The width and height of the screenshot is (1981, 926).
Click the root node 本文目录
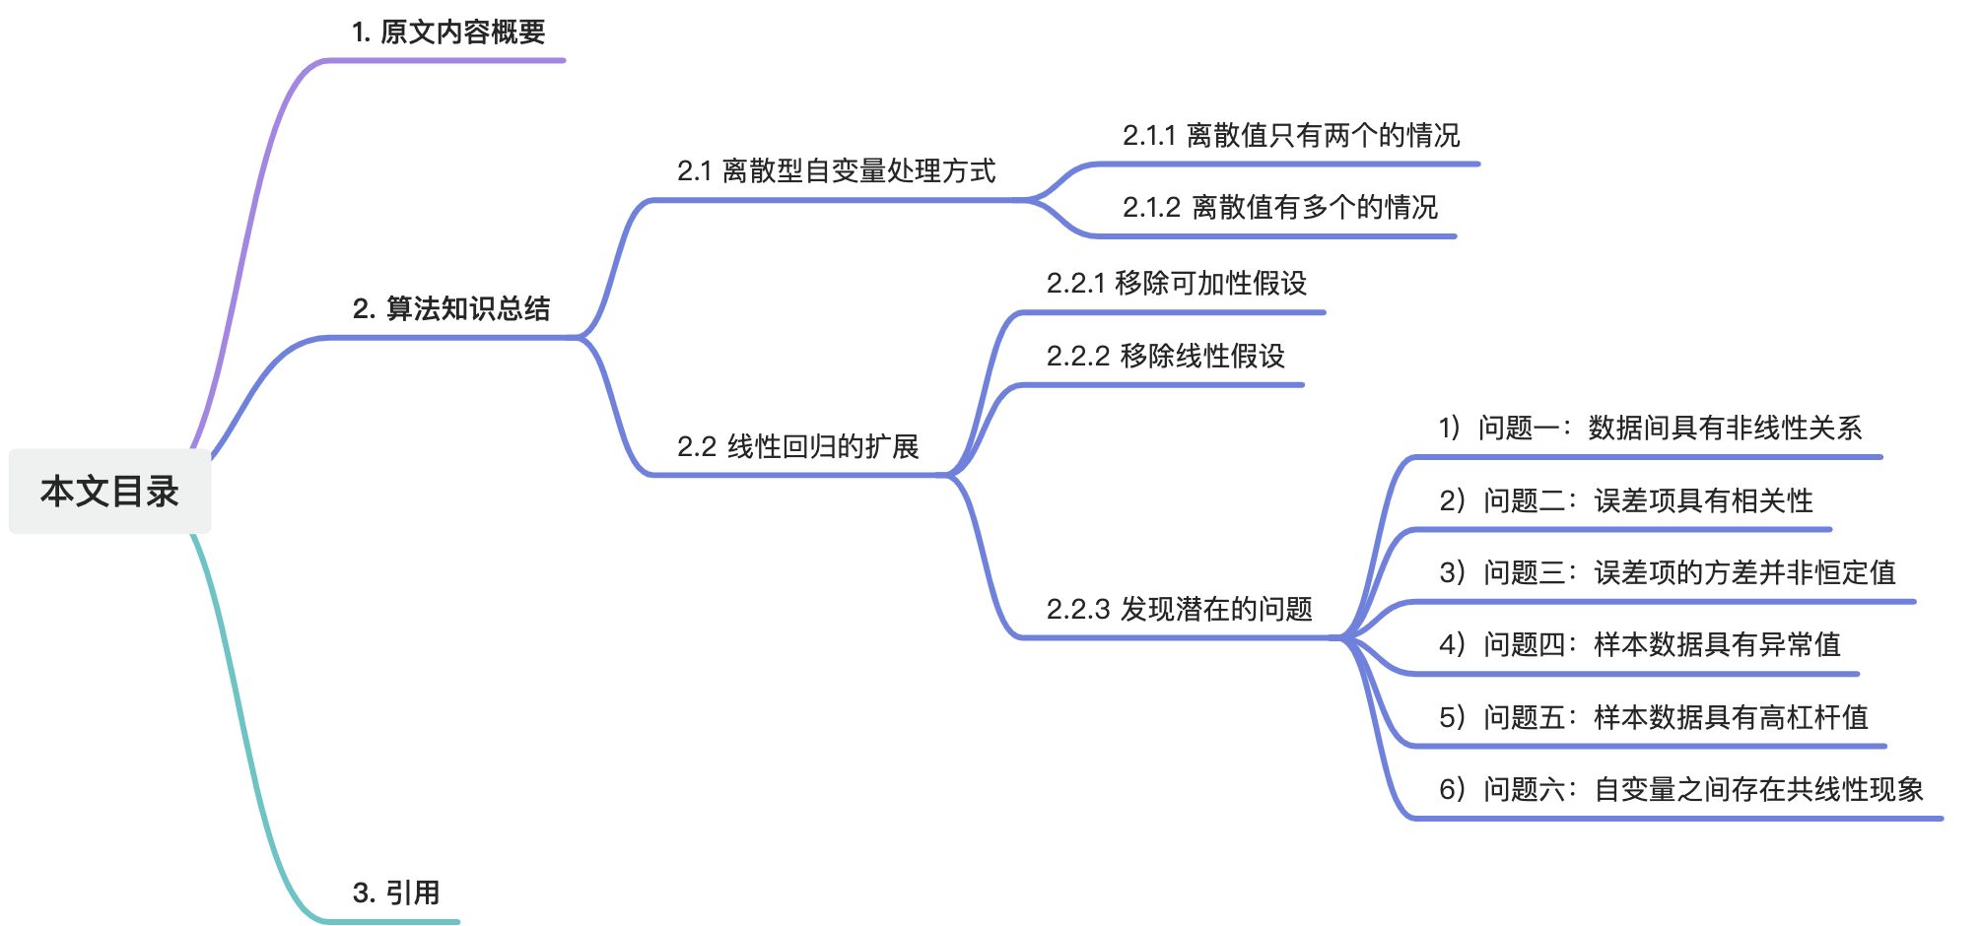pyautogui.click(x=109, y=492)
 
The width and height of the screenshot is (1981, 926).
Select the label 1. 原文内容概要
pyautogui.click(x=448, y=33)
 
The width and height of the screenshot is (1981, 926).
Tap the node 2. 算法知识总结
pyautogui.click(x=451, y=308)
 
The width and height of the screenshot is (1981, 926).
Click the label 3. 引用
pyautogui.click(x=396, y=893)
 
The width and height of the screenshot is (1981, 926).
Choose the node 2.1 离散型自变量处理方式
pyautogui.click(x=836, y=171)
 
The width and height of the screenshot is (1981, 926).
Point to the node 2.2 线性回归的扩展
pyautogui.click(x=797, y=447)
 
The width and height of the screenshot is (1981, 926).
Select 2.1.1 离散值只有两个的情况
pyautogui.click(x=1291, y=136)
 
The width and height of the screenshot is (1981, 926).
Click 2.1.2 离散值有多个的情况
pyautogui.click(x=1279, y=208)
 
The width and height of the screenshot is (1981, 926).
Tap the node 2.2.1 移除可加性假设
pyautogui.click(x=1176, y=284)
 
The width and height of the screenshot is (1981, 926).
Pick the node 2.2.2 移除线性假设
pyautogui.click(x=1165, y=357)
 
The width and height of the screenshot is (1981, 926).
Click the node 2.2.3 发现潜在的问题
pyautogui.click(x=1179, y=610)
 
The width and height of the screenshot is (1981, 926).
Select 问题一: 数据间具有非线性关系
pyautogui.click(x=1650, y=429)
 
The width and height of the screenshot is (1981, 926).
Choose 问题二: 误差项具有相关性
pyautogui.click(x=1625, y=501)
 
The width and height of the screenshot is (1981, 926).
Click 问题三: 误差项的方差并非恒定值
pyautogui.click(x=1667, y=573)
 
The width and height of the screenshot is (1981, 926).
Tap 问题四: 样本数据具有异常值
pyautogui.click(x=1639, y=645)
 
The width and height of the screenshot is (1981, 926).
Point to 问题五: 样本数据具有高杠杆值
pyautogui.click(x=1653, y=718)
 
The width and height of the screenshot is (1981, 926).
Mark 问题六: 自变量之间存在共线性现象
pyautogui.click(x=1680, y=790)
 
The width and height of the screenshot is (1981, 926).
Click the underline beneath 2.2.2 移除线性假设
pyautogui.click(x=1163, y=385)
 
